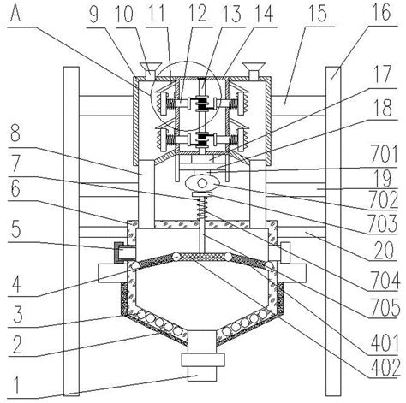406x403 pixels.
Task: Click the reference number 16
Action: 383,11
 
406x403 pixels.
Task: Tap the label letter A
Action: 15,13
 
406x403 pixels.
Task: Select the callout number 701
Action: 384,154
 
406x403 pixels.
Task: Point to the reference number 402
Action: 385,367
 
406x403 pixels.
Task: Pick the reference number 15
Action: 318,15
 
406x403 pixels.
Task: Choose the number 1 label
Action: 16,386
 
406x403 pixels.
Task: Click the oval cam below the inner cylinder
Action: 202,183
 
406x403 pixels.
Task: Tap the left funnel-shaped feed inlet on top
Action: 150,70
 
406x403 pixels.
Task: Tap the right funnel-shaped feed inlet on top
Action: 254,70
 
